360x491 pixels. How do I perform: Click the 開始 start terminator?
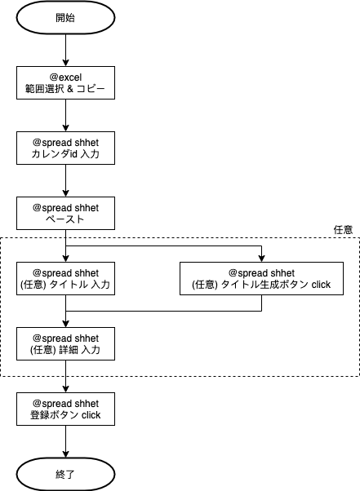[x=65, y=18]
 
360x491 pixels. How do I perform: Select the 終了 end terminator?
[x=65, y=474]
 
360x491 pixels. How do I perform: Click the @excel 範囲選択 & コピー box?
[x=65, y=82]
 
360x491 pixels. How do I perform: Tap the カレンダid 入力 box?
[x=65, y=148]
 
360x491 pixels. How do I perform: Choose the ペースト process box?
[x=65, y=213]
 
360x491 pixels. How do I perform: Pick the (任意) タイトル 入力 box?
[x=65, y=278]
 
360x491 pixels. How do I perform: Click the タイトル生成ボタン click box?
[x=261, y=278]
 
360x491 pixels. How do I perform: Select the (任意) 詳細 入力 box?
[x=65, y=343]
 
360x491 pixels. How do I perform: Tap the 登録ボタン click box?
[x=65, y=409]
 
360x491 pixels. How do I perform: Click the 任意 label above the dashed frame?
[x=343, y=230]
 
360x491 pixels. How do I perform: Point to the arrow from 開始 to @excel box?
[x=65, y=50]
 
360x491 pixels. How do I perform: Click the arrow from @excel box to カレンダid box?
[x=65, y=115]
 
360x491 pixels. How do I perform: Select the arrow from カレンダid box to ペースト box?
[x=65, y=181]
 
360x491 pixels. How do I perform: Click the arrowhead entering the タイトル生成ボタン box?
[x=261, y=259]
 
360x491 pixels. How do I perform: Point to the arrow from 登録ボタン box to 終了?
[x=65, y=441]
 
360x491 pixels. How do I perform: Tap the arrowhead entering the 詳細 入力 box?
[x=65, y=324]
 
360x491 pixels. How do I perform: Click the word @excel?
[x=65, y=77]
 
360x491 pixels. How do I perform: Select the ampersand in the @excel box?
[x=70, y=89]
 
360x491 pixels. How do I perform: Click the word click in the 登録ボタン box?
[x=91, y=415]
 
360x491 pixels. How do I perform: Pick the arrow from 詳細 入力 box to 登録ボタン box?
[x=65, y=376]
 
